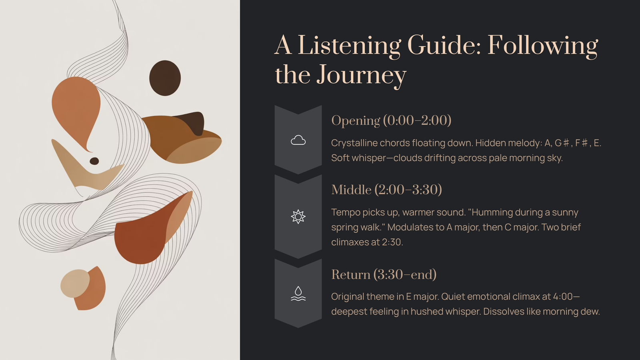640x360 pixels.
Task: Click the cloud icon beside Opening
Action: pos(298,140)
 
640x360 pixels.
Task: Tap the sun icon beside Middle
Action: pos(298,216)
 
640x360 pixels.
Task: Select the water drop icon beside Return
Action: pos(298,294)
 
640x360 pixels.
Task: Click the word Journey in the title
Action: pos(362,75)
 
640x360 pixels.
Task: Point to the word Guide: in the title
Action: pos(444,45)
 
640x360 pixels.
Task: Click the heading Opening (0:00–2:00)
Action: pos(391,120)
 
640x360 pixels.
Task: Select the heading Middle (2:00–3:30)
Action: pos(386,190)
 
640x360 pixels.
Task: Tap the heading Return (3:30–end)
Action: pos(384,274)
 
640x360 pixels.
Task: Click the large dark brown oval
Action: pos(165,78)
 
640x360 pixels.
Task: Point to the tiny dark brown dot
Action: pos(94,161)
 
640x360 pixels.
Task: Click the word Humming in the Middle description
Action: pos(492,212)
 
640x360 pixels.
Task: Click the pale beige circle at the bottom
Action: pos(75,284)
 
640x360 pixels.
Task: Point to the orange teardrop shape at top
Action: pos(76,112)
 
